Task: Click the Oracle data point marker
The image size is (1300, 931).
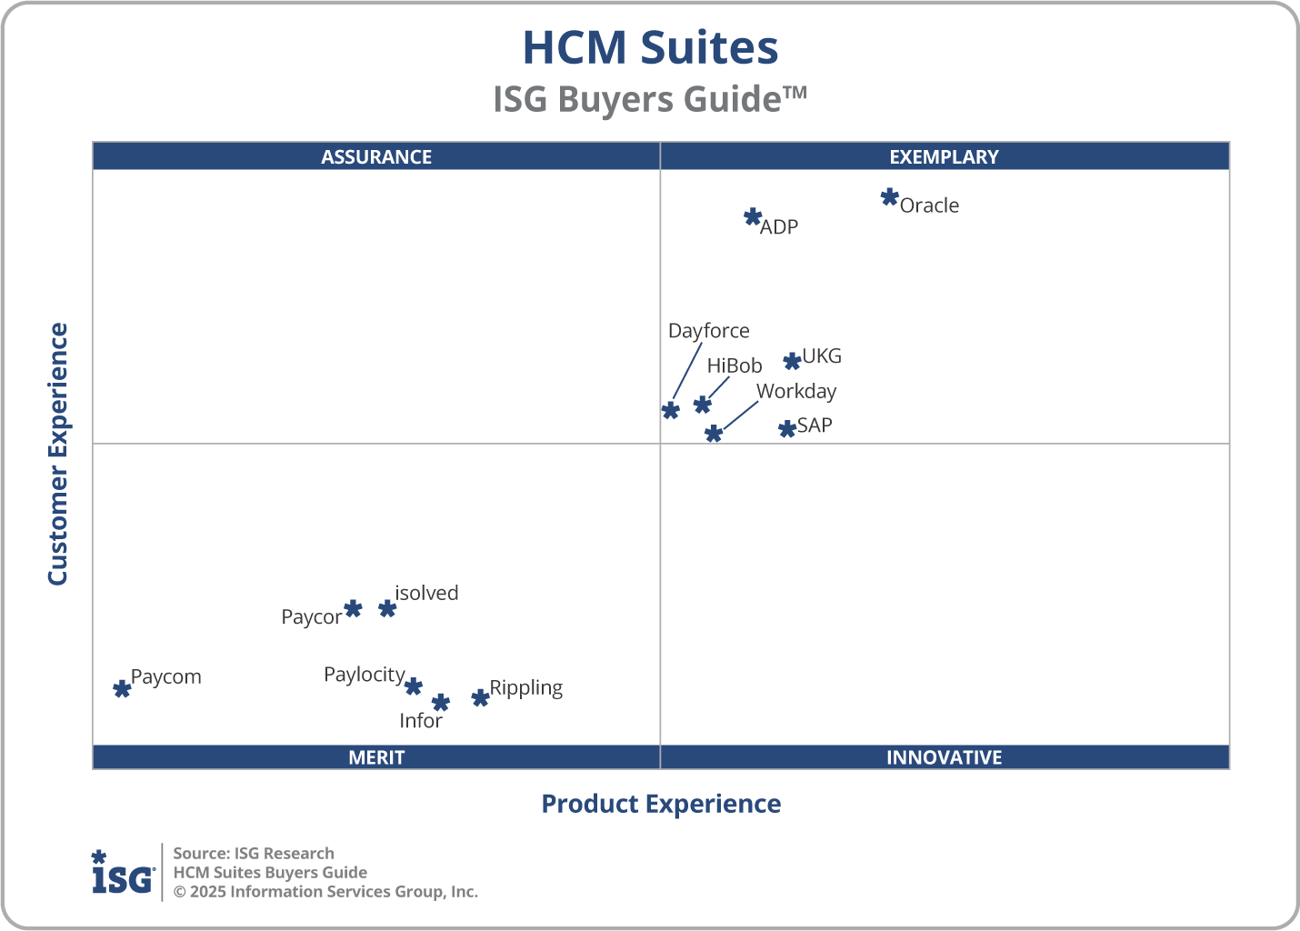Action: click(889, 197)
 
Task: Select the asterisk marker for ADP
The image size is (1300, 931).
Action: click(753, 217)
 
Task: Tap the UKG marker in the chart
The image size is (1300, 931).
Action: click(792, 361)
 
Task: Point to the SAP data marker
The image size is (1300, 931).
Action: click(787, 428)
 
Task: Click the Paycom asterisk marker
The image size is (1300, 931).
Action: click(122, 688)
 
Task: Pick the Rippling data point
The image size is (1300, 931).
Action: click(480, 697)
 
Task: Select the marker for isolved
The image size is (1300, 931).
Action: click(387, 608)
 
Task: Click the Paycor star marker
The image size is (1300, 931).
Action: click(353, 608)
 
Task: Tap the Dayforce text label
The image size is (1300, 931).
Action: click(708, 331)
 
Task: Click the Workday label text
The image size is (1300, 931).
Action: click(795, 391)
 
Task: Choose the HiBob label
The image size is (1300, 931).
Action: click(734, 365)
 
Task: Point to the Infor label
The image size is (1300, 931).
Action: click(420, 721)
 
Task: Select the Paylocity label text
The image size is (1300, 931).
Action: click(364, 675)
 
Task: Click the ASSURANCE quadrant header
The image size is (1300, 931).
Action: click(376, 156)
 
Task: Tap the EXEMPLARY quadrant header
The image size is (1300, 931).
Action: click(944, 156)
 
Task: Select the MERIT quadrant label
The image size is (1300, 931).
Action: click(376, 757)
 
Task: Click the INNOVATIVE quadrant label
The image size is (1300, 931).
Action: click(944, 757)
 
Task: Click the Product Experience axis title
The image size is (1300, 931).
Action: click(661, 804)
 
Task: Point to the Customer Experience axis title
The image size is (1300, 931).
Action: click(58, 454)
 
